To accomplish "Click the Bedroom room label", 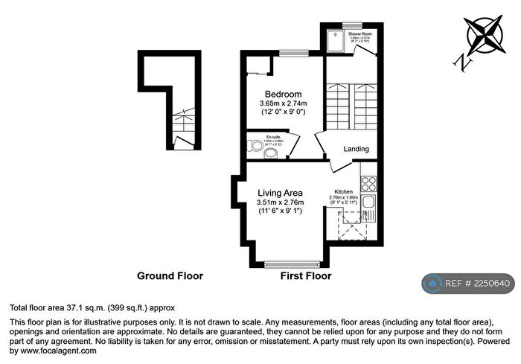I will tap(283, 94).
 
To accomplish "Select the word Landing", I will tap(356, 150).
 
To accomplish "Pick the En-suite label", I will tap(273, 137).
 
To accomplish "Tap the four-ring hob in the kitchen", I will tap(368, 181).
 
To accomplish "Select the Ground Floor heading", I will tap(170, 276).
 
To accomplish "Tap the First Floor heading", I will tap(305, 276).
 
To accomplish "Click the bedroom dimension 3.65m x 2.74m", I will tap(283, 103).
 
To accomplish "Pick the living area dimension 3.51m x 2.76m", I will tap(278, 202).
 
